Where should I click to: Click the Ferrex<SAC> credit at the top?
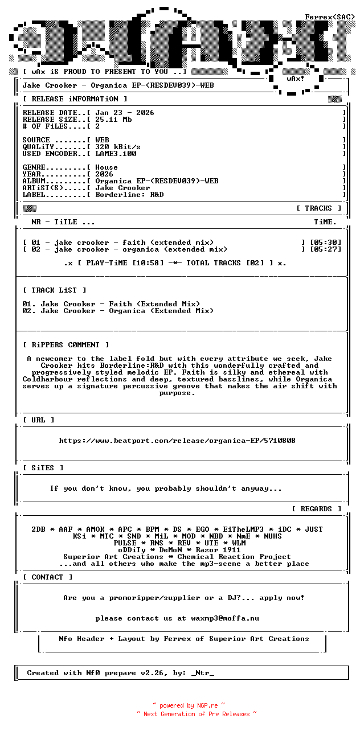point(330,17)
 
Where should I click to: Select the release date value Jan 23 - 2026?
point(125,113)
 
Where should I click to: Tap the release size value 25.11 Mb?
point(113,120)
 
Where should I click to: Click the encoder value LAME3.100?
point(116,154)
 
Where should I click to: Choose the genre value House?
point(107,167)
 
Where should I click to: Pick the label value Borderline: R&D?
point(129,195)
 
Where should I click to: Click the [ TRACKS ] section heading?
point(318,208)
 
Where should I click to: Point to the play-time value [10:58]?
point(148,263)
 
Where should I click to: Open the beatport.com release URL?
point(177,441)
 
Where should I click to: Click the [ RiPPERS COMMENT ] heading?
point(66,345)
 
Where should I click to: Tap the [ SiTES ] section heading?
point(43,468)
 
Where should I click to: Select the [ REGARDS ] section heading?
point(316,509)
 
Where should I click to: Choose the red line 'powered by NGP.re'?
point(189,706)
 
